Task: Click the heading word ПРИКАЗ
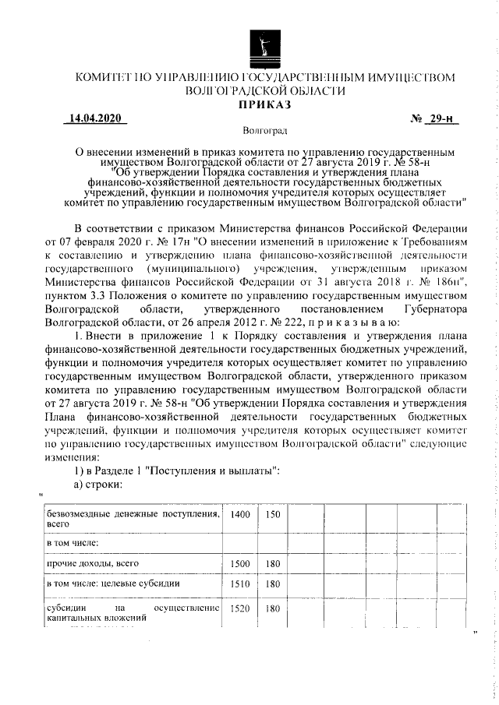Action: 264,104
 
